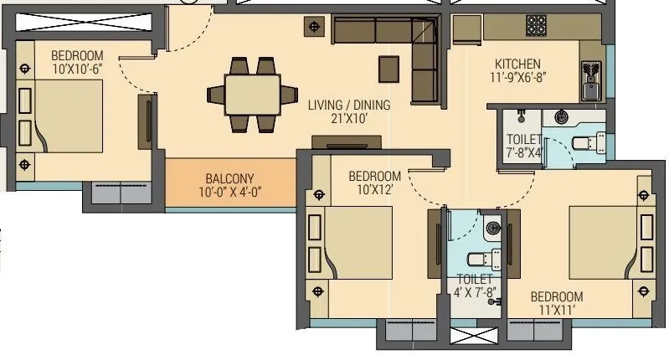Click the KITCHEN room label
(517, 64)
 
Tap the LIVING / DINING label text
(348, 105)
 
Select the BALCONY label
(229, 178)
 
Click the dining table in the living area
(253, 94)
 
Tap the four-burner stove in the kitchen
(536, 26)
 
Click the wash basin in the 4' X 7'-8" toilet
(493, 225)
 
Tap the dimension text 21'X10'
(348, 119)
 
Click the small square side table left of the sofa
(315, 28)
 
